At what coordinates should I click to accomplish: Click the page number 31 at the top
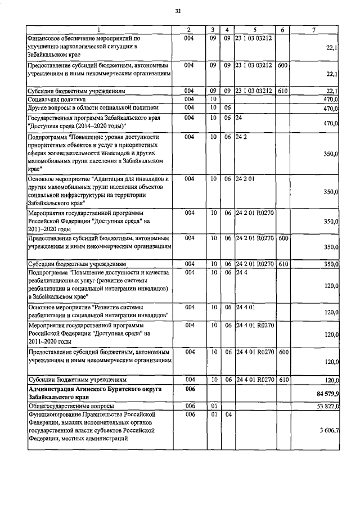[178, 11]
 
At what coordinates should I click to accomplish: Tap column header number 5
[254, 29]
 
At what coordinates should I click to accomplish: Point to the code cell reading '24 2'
[241, 137]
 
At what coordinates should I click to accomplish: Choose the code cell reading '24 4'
[241, 273]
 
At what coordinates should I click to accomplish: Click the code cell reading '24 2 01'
[245, 178]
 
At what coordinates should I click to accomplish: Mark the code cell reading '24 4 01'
[245, 307]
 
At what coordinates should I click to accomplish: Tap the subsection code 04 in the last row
[227, 415]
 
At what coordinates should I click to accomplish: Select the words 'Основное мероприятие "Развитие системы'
[85, 307]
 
